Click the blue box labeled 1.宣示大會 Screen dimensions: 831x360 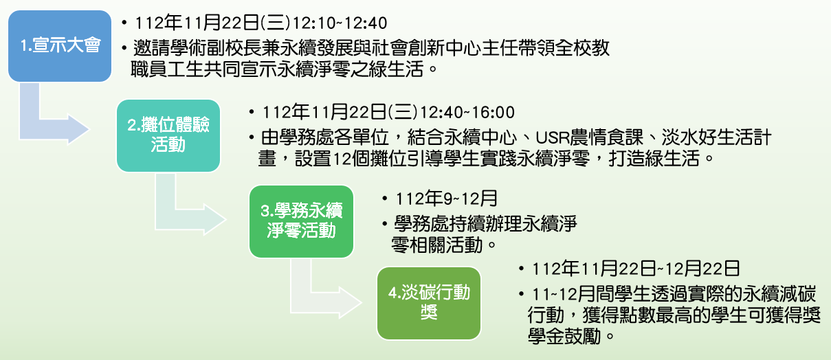point(60,46)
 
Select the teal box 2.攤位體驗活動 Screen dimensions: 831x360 point(168,136)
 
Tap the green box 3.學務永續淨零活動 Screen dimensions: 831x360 point(301,222)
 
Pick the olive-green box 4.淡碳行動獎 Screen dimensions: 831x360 point(429,303)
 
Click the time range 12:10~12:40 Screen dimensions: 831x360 point(340,23)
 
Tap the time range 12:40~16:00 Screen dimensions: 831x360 point(467,113)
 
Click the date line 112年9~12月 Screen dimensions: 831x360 point(446,199)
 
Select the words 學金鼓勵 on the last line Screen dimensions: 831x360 point(564,336)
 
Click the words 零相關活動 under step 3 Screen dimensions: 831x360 point(436,245)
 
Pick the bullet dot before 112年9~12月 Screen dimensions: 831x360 point(385,199)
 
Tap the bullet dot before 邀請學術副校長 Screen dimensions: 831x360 point(124,48)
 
